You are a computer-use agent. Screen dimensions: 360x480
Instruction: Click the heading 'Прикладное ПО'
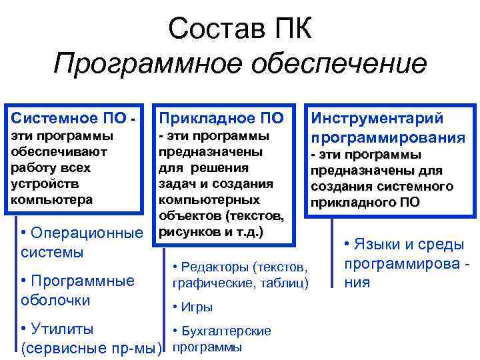[221, 119]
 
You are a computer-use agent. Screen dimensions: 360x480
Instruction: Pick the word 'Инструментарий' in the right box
[377, 119]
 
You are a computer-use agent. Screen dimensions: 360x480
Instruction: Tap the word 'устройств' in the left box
[43, 183]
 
